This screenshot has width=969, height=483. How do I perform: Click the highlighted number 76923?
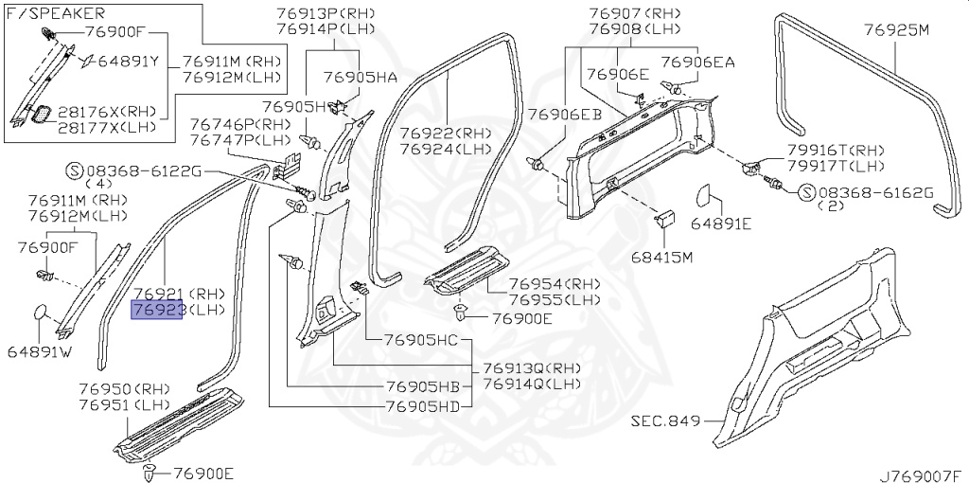(157, 310)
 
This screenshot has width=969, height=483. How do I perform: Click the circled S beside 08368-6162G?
(805, 193)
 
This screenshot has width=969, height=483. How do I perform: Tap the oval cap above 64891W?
(40, 313)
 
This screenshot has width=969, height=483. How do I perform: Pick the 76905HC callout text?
(421, 340)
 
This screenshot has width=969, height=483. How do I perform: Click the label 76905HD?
(421, 407)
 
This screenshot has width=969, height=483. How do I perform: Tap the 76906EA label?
(696, 63)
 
